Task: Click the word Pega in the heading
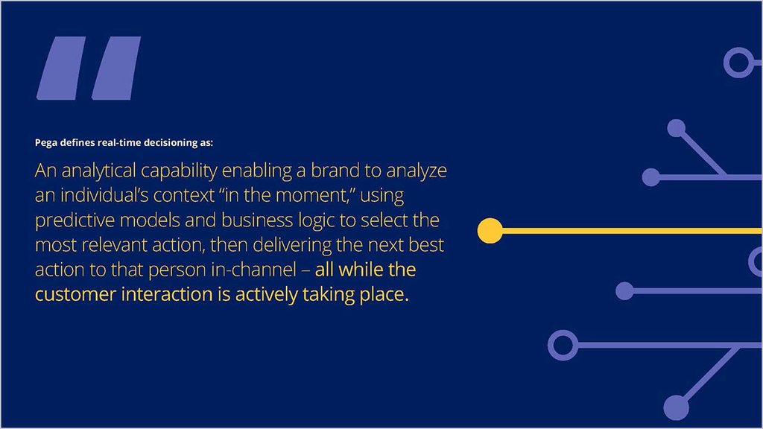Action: pyautogui.click(x=46, y=143)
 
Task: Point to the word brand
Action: pyautogui.click(x=336, y=171)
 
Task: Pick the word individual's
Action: pyautogui.click(x=104, y=195)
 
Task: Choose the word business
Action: pyautogui.click(x=257, y=220)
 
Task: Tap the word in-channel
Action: pyautogui.click(x=253, y=270)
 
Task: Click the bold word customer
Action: pyautogui.click(x=75, y=295)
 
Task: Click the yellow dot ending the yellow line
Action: pyautogui.click(x=490, y=231)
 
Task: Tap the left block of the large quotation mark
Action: pyautogui.click(x=61, y=68)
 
